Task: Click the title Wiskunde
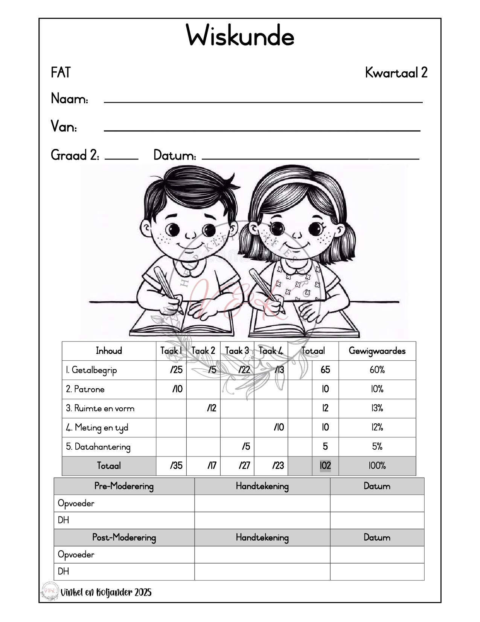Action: click(x=240, y=36)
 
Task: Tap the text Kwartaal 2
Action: click(x=396, y=72)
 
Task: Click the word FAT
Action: click(x=61, y=72)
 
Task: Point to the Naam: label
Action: click(x=70, y=99)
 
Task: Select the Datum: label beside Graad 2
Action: click(x=175, y=155)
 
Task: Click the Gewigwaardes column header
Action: click(x=377, y=351)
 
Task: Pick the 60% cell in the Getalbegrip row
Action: click(x=377, y=370)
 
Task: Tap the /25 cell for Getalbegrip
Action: click(x=176, y=370)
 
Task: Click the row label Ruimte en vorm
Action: click(x=100, y=408)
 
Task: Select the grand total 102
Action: click(x=325, y=466)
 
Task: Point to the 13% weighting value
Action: click(x=377, y=408)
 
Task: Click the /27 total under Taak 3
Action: click(x=244, y=466)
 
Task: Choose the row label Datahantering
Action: click(x=98, y=447)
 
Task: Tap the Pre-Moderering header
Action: click(x=124, y=486)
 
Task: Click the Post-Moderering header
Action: click(x=124, y=538)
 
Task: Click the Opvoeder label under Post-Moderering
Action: click(x=76, y=555)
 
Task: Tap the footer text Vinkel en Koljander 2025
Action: click(x=106, y=592)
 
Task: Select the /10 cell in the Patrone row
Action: click(x=177, y=389)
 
